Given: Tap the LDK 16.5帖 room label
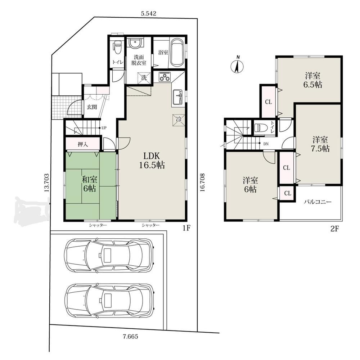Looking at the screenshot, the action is (x=152, y=161).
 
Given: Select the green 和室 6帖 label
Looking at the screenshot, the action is (x=90, y=184).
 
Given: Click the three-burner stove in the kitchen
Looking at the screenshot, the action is (x=165, y=77).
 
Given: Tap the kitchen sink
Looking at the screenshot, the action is (x=177, y=96).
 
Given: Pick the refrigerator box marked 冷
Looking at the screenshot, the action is (x=179, y=120).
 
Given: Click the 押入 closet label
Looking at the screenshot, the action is (x=83, y=144).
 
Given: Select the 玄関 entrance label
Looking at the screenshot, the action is (x=92, y=107).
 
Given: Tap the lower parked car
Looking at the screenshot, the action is (x=109, y=301).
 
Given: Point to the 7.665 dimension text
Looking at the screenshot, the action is (x=130, y=337).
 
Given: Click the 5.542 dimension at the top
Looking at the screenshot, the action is (x=148, y=14).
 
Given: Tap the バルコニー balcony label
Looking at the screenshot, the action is (x=318, y=202).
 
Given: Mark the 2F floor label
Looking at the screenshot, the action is (x=334, y=229).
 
